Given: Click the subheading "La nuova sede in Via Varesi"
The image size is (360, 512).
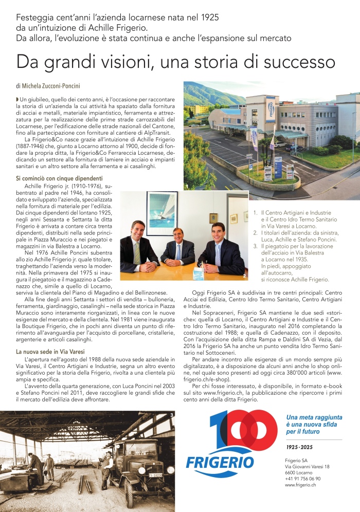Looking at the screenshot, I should coord(50,351).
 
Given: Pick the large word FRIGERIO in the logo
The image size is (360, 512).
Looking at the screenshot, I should coord(220,461).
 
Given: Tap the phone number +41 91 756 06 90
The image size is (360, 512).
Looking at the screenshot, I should coord(302,479).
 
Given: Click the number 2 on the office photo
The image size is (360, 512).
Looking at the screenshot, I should coord(245,276).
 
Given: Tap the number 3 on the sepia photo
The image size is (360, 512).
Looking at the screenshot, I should coord(171,415).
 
